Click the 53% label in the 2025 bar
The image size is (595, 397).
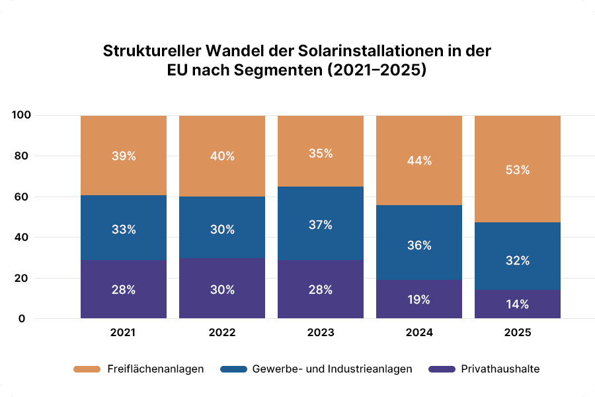(517, 170)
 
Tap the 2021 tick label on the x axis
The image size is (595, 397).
(123, 333)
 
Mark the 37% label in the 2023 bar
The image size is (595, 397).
(320, 225)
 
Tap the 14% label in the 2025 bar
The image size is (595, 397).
(517, 304)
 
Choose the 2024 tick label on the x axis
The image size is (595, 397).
(418, 333)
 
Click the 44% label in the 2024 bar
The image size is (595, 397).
(418, 161)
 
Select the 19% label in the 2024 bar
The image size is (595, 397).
(418, 300)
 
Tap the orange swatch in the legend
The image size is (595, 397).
(86, 369)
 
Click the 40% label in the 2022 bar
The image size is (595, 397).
(221, 156)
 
